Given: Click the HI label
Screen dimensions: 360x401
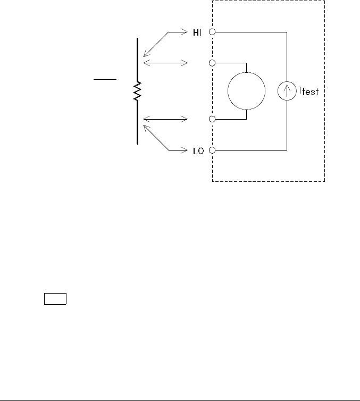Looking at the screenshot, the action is (196, 32).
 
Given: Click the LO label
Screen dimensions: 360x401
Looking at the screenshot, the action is (196, 151).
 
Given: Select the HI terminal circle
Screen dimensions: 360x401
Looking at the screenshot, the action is (212, 32).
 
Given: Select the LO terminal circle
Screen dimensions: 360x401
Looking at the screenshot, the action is (212, 151).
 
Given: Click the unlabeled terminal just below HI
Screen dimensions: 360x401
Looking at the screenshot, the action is (212, 63).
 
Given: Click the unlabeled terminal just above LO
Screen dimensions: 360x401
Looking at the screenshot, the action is (212, 120).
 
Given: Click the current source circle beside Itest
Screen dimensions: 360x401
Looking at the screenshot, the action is (287, 91).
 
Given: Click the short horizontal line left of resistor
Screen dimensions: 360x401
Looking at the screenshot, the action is (105, 79).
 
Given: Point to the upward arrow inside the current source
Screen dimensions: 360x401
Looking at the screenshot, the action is (287, 91).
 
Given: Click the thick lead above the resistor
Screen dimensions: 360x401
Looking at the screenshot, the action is (138, 59).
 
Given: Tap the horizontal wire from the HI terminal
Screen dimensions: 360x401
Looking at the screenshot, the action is (250, 32).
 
